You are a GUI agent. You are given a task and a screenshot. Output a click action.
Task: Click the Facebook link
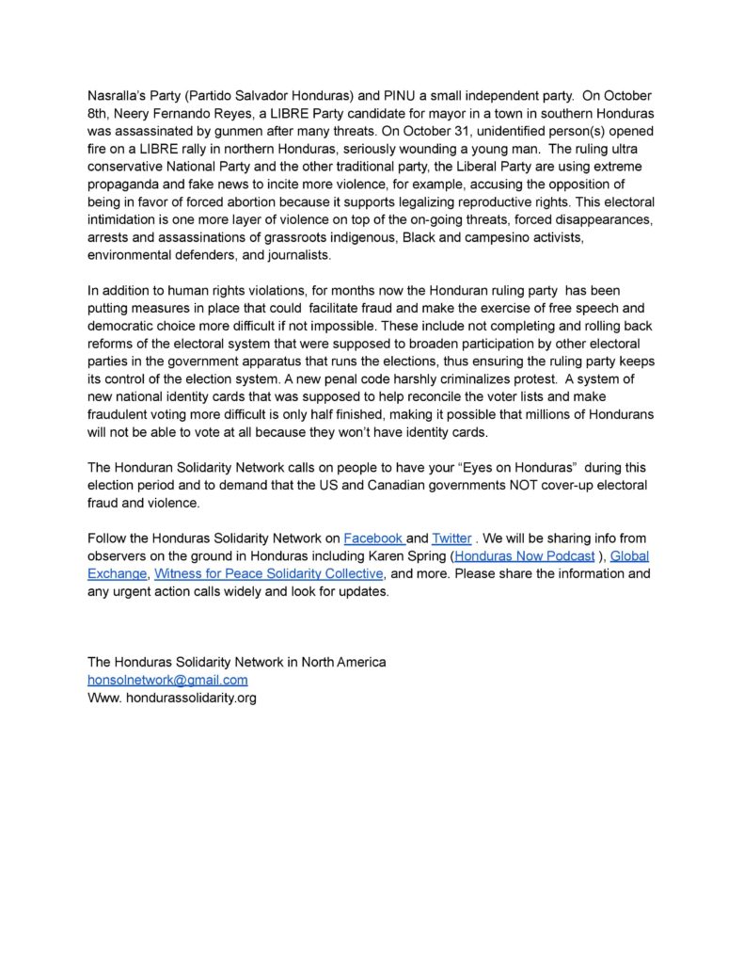[372, 538]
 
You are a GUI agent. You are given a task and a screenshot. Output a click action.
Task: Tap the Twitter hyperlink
[451, 538]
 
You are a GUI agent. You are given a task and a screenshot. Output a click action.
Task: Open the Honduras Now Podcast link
[524, 556]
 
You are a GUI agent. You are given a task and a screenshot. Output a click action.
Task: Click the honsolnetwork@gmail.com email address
[167, 680]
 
